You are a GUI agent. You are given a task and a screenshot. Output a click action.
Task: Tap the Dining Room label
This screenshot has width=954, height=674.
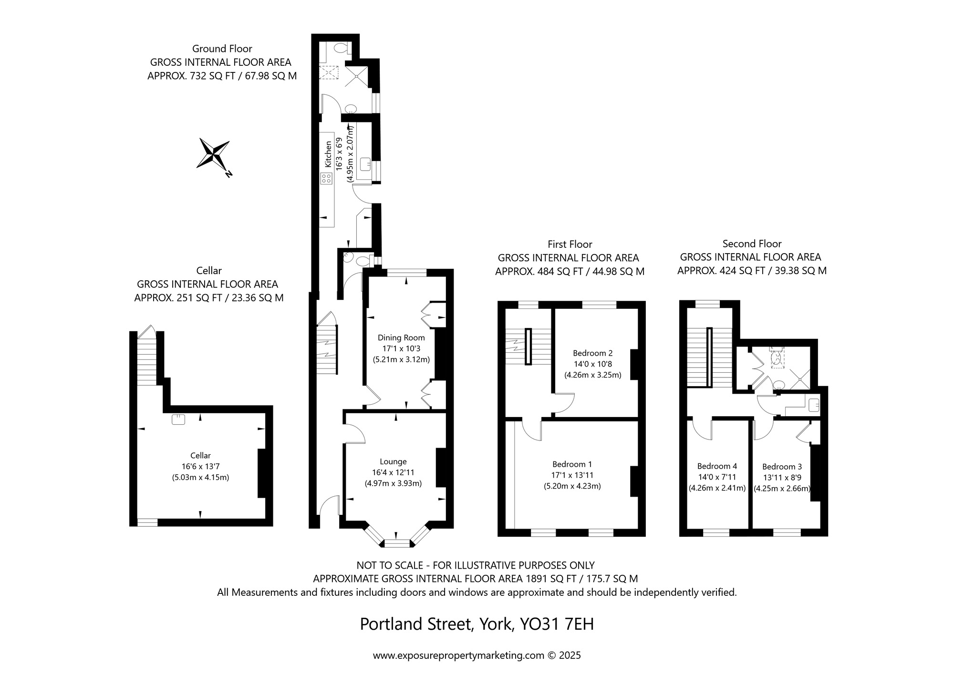point(401,337)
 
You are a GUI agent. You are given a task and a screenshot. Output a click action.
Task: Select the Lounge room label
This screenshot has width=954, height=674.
point(393,461)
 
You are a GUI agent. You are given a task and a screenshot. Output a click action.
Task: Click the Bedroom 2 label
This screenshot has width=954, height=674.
point(592,353)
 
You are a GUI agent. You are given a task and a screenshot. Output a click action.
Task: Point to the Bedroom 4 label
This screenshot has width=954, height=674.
point(717,466)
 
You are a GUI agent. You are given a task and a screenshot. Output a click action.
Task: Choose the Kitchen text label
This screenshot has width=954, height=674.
point(328,153)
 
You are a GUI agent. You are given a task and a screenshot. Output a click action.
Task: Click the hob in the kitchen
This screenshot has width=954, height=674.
point(327,179)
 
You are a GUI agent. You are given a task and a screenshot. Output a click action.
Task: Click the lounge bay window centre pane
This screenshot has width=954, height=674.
point(397,543)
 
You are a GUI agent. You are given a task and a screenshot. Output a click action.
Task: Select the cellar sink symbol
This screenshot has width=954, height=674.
point(179,419)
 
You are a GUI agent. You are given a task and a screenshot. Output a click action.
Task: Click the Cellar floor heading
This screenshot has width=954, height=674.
point(209,271)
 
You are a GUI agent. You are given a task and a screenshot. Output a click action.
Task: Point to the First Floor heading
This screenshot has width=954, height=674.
point(570,245)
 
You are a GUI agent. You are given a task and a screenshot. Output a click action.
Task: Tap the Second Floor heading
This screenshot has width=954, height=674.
point(752,244)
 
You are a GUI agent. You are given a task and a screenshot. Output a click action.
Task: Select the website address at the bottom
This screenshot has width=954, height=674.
point(458,655)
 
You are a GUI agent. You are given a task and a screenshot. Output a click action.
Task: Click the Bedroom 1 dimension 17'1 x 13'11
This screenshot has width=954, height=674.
point(572,475)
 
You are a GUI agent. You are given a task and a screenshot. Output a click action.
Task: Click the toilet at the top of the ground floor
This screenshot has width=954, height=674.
point(341,48)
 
